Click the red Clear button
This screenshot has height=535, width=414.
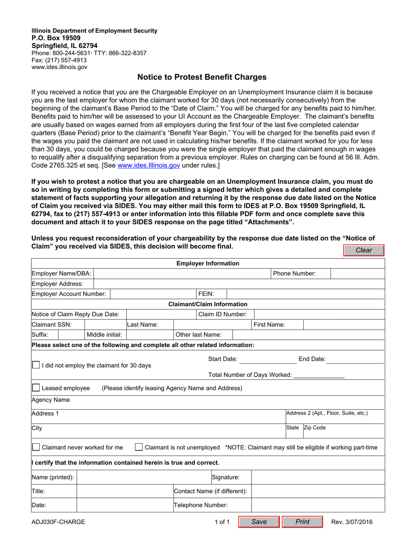[x=364, y=250]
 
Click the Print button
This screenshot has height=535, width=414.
[x=302, y=522]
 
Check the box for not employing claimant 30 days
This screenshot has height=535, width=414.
[x=36, y=365]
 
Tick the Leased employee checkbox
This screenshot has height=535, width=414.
[x=36, y=388]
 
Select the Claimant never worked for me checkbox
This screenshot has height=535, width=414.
[x=36, y=447]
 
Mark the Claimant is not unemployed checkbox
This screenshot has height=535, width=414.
[x=139, y=447]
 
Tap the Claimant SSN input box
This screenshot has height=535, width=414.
[x=105, y=324]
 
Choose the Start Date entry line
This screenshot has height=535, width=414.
[x=268, y=359]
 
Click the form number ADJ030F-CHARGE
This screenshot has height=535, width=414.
[x=58, y=522]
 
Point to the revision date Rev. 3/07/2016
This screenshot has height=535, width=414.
[x=352, y=522]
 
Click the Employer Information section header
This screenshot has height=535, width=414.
[x=207, y=263]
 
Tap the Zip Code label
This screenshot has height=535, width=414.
[x=314, y=428]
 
